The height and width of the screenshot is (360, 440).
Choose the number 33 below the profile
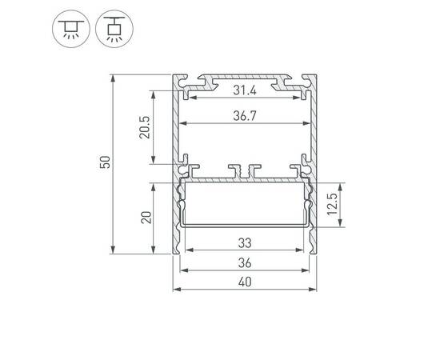coord(245,242)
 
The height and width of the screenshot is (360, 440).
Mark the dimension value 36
coord(245,263)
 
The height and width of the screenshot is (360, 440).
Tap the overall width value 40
coord(245,282)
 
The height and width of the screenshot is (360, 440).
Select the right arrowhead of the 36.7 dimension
coord(309,124)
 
